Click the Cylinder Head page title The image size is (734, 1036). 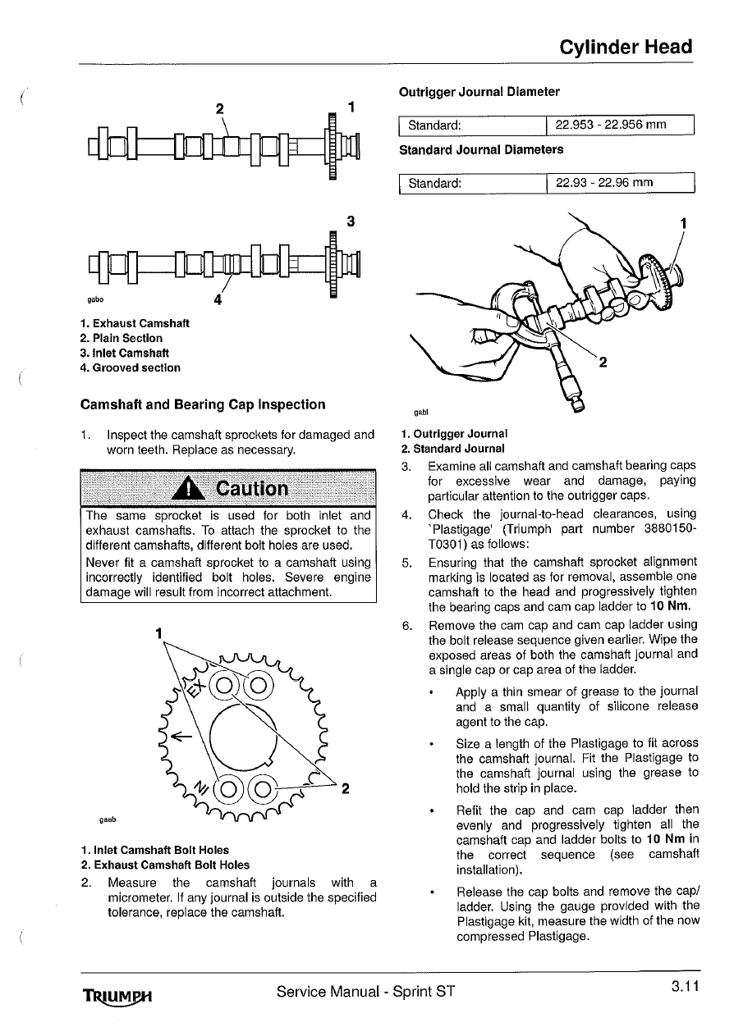(x=626, y=48)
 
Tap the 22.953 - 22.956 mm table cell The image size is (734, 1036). (x=620, y=125)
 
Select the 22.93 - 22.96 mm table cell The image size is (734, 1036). (x=620, y=183)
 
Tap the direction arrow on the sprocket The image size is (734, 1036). (x=181, y=736)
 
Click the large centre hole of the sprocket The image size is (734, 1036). (x=243, y=737)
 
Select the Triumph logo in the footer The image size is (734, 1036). (x=117, y=997)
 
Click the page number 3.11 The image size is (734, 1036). (x=685, y=986)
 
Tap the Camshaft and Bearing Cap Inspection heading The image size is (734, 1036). (x=203, y=404)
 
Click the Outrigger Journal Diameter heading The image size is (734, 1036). (x=479, y=92)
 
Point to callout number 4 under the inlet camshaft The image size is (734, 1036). (x=218, y=300)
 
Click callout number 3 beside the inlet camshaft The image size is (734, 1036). (x=351, y=221)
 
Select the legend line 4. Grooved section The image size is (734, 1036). (x=130, y=367)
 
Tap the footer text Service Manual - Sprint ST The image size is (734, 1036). (x=365, y=991)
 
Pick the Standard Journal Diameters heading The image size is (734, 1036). (x=481, y=150)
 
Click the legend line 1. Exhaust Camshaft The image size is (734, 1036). (x=135, y=323)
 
